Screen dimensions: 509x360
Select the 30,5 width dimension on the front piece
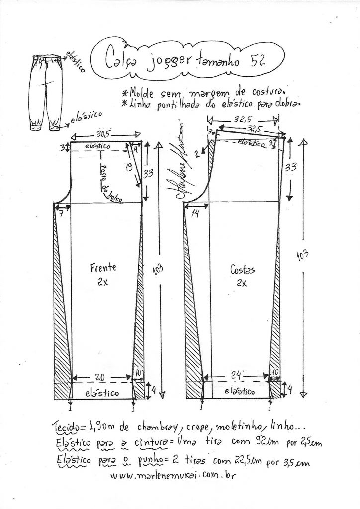pyautogui.click(x=103, y=134)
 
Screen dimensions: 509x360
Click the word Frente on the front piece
pyautogui.click(x=103, y=268)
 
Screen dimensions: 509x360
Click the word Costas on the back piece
pyautogui.click(x=242, y=270)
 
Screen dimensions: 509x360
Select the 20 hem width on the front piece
pyautogui.click(x=100, y=378)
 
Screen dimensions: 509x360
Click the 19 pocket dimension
pyautogui.click(x=129, y=168)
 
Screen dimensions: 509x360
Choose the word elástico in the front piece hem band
pyautogui.click(x=101, y=393)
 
